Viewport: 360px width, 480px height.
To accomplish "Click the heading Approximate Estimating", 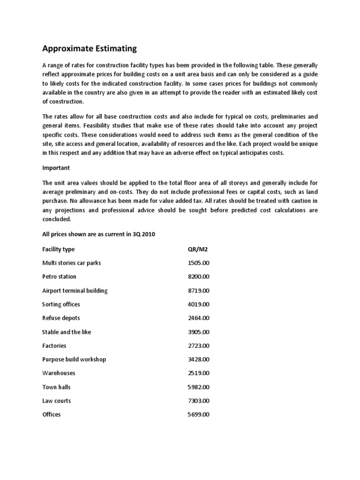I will [x=90, y=48].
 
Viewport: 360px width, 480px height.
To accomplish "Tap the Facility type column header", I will [x=59, y=249].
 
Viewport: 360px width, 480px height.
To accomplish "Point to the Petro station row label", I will [x=59, y=277].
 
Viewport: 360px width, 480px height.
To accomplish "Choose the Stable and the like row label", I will [x=67, y=332].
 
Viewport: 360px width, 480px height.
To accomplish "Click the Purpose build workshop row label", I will [x=74, y=360].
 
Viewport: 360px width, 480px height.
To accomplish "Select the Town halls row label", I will [x=57, y=387].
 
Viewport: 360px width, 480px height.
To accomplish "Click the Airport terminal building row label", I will [x=75, y=291].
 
